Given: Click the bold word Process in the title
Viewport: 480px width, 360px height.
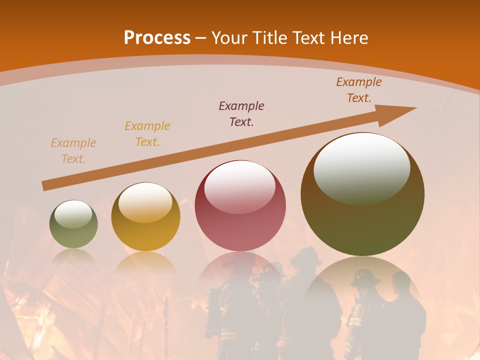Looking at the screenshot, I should coord(157,38).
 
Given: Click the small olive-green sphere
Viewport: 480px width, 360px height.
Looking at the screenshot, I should coord(73,224).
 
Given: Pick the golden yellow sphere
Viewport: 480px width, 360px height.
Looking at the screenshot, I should coord(145,217).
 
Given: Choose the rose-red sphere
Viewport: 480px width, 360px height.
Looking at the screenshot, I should coord(240,206).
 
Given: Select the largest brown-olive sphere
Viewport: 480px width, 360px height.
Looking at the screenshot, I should coord(362,194).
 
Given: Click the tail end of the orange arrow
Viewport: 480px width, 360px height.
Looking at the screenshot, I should coord(45,186).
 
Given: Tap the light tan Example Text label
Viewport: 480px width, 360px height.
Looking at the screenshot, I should coord(73,151).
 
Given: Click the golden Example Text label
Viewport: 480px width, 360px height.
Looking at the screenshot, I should coord(147,134).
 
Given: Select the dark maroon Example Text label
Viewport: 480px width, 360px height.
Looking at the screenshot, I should coord(241,114).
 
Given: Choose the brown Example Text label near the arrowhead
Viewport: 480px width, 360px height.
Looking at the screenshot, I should coord(359,90).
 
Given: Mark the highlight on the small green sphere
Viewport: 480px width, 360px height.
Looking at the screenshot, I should coord(73,214).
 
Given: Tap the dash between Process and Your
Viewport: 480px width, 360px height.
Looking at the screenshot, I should coord(201,38).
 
